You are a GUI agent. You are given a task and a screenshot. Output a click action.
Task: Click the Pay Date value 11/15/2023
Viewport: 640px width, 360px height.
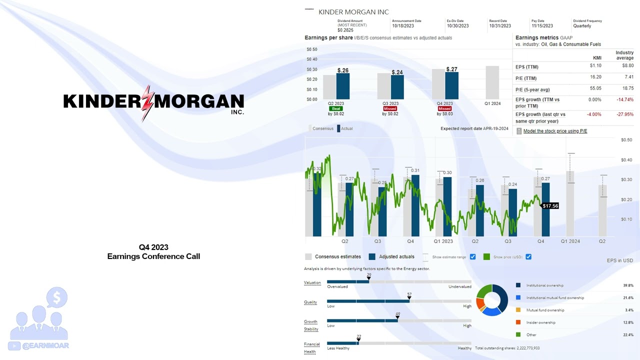pos(542,26)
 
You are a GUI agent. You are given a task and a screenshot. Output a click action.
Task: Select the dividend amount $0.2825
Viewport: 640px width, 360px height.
pos(345,30)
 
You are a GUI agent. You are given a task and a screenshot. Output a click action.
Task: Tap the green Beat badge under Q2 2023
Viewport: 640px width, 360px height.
pos(335,108)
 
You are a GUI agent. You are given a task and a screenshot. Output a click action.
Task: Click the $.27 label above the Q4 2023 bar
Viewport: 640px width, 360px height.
pos(451,69)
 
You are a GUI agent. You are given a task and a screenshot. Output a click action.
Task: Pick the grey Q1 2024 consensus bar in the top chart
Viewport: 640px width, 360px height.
pos(492,82)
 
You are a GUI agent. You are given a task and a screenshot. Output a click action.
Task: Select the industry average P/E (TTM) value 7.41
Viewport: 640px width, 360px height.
pos(628,77)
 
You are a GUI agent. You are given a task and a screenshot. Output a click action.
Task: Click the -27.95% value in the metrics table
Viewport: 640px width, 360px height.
pos(625,114)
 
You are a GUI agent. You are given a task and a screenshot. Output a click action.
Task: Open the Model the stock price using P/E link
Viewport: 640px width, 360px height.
pos(555,131)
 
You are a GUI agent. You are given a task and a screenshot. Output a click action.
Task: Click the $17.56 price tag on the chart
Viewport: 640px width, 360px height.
pos(550,206)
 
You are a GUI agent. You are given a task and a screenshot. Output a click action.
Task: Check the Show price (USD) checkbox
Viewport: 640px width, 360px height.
pos(528,257)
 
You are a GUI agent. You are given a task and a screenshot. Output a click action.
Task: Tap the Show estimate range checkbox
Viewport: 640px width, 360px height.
pos(472,257)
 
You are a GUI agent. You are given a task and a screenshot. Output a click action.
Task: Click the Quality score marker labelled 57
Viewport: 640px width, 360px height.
pos(409,298)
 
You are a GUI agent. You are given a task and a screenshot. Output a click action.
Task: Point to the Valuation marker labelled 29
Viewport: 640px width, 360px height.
pos(369,278)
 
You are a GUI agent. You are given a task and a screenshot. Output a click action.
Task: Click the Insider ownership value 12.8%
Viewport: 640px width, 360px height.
pos(628,322)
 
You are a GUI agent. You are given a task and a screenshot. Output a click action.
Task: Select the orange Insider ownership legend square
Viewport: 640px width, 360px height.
pos(518,322)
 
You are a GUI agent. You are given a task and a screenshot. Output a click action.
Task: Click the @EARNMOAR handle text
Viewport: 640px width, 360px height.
pos(45,345)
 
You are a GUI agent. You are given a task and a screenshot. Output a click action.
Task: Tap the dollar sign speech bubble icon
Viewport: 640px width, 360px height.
pos(56,298)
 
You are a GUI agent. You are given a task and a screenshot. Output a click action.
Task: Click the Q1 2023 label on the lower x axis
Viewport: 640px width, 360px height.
pos(443,241)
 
